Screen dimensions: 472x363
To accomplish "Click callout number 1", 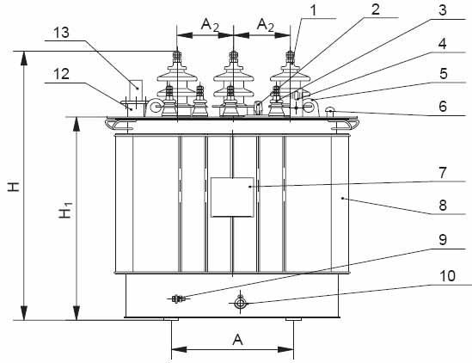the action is [x=314, y=10].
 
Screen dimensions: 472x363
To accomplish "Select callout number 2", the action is [x=376, y=9].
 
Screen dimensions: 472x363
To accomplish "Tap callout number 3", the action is [x=442, y=10].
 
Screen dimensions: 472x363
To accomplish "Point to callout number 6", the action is [x=443, y=107].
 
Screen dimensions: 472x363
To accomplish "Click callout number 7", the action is [x=442, y=173].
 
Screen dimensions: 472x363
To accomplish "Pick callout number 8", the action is [x=443, y=205].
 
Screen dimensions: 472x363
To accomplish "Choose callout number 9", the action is [x=443, y=240].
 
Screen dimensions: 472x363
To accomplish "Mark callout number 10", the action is [x=447, y=276].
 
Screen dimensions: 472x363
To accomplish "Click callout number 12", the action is [x=61, y=74].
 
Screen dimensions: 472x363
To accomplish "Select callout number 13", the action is [x=61, y=33].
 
